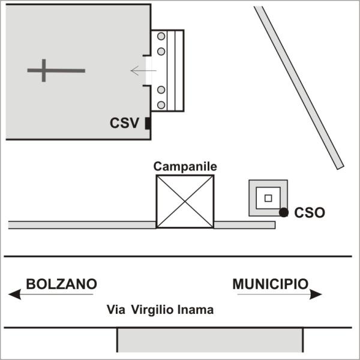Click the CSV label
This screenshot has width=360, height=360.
[124, 123]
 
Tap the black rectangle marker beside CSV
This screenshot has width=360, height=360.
[148, 123]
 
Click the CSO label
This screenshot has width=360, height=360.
[310, 212]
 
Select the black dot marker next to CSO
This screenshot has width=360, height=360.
[284, 212]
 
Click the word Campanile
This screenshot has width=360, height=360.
[185, 166]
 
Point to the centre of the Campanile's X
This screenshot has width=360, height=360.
[185, 202]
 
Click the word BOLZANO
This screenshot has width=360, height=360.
[62, 284]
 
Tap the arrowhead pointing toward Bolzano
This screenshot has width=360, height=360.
[14, 295]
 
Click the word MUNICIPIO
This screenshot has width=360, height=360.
[271, 284]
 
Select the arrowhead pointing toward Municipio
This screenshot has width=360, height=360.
[316, 295]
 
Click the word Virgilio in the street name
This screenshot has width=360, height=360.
[152, 310]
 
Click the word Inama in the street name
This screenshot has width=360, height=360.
[196, 310]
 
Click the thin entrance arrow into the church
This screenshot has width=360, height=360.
[143, 70]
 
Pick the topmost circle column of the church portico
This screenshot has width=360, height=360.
[161, 36]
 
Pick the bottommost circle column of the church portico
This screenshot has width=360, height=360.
[161, 105]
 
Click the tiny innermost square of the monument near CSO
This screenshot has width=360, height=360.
[268, 198]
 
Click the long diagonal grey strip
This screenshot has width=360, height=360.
[299, 88]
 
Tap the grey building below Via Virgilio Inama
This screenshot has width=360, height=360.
[210, 340]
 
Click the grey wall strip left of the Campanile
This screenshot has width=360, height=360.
[82, 225]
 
